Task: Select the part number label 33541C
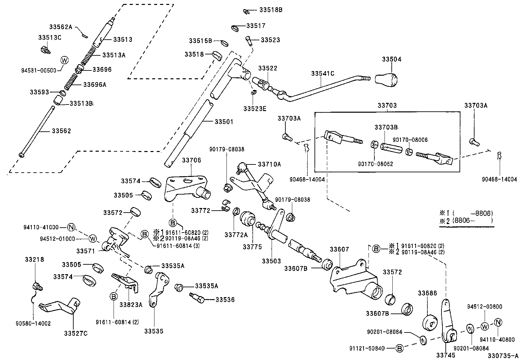[322, 73]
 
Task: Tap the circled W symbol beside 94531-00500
[64, 60]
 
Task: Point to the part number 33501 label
[224, 122]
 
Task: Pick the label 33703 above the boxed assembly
[387, 105]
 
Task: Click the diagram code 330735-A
[503, 356]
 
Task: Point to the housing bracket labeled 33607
[355, 280]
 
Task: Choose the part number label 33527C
[76, 333]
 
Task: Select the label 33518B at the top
[271, 10]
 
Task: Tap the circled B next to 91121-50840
[399, 348]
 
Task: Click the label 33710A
[269, 164]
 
